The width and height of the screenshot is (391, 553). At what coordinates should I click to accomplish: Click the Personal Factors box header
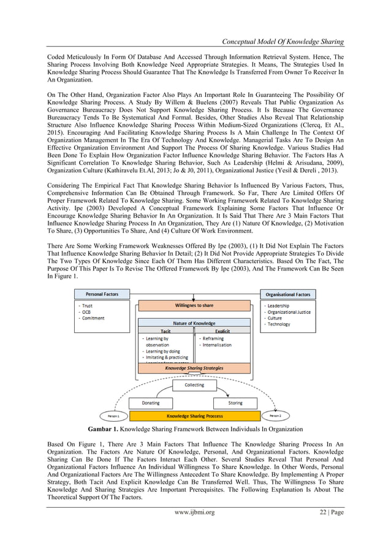click(102, 294)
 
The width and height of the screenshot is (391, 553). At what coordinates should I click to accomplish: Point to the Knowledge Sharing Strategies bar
click(194, 368)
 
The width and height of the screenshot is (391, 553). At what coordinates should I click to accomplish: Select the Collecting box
click(194, 386)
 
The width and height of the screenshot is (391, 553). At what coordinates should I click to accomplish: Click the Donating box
click(151, 403)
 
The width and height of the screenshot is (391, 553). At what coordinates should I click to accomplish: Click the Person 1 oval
click(113, 416)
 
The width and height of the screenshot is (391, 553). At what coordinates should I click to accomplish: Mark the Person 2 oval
click(275, 416)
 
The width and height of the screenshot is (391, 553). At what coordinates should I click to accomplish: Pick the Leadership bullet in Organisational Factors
click(278, 305)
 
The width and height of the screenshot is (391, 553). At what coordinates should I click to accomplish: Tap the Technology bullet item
click(279, 324)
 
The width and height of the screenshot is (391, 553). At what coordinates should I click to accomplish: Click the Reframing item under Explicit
click(211, 338)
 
